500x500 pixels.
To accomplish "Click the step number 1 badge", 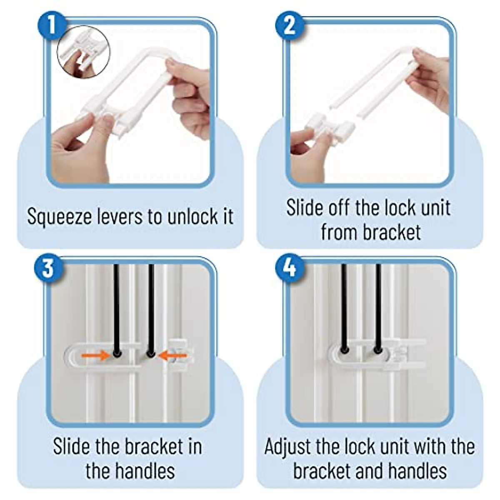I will [x=52, y=26].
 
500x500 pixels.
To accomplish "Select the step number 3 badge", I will [x=48, y=268].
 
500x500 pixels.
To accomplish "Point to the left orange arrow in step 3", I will [x=95, y=355].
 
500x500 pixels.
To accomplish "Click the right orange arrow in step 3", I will [x=173, y=355].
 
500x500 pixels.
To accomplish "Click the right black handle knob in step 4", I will [x=378, y=350].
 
